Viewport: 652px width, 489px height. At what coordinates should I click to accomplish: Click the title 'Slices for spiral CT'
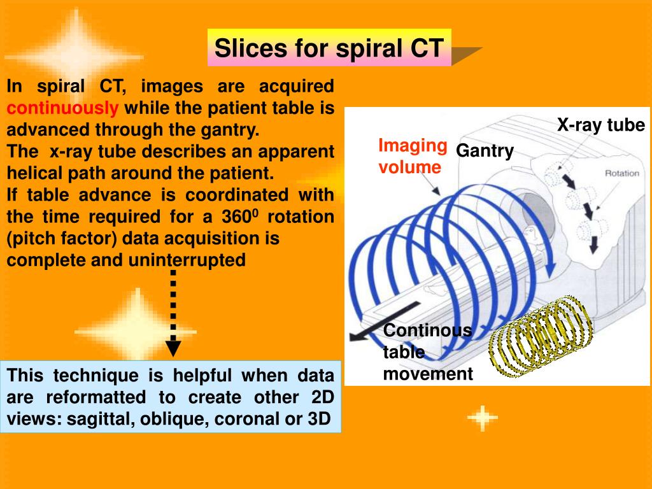click(329, 48)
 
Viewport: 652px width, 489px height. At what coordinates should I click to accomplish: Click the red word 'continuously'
click(62, 108)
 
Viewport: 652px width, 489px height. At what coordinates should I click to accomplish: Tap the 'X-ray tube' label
click(601, 125)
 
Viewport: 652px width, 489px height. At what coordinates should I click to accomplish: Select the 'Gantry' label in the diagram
click(485, 151)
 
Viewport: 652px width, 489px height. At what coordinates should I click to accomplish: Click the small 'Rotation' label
click(621, 173)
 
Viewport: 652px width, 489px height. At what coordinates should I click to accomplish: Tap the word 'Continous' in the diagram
click(427, 330)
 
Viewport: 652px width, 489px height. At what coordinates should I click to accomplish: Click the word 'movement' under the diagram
click(428, 374)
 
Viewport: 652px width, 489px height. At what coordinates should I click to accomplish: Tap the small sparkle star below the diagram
click(482, 418)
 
